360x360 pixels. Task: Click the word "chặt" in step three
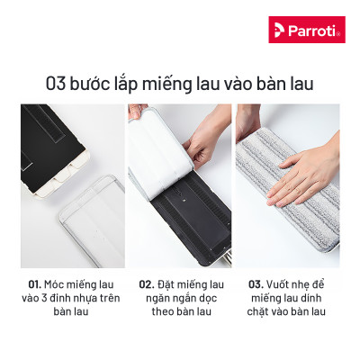tap(261, 312)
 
